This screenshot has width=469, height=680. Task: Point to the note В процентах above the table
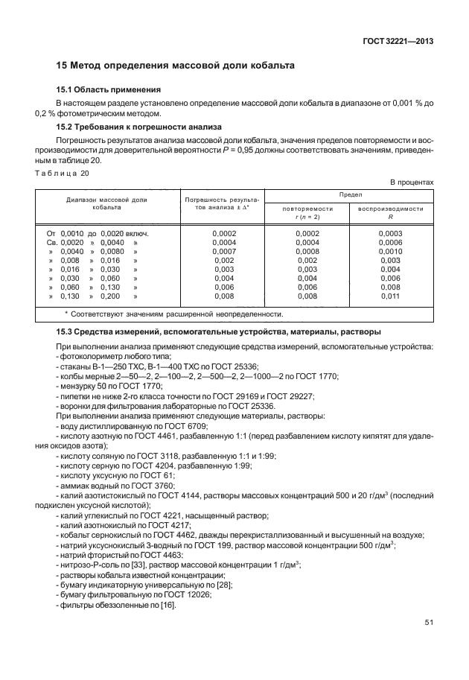(x=412, y=182)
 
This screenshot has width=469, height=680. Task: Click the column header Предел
(x=350, y=193)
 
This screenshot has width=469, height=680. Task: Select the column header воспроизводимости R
(x=390, y=213)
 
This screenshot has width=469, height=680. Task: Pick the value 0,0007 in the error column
(x=223, y=252)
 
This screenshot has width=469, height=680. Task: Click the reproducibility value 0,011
(x=390, y=296)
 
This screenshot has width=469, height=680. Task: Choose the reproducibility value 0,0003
(x=390, y=234)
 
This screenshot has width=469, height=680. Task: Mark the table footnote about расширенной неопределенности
(x=173, y=314)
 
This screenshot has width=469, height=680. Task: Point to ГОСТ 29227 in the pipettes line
(x=290, y=397)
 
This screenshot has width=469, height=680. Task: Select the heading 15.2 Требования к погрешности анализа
(x=139, y=127)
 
